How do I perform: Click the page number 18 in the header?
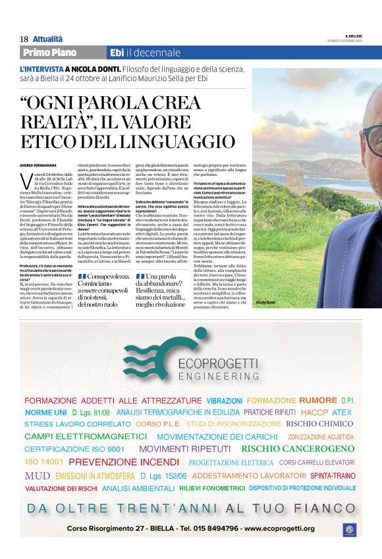coord(23,40)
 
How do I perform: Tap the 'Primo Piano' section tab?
coord(49,53)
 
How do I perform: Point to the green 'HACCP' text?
coord(314,412)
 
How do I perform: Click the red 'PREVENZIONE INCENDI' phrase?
coord(124,462)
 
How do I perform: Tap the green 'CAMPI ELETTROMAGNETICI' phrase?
coord(86,437)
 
